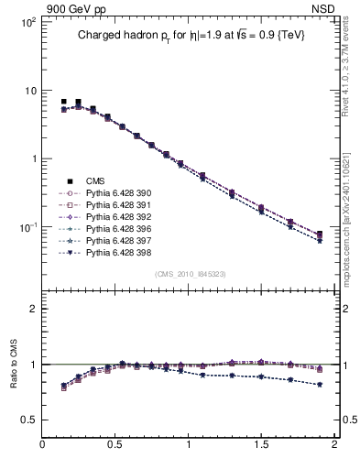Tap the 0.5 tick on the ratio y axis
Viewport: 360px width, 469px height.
pyautogui.click(x=29, y=420)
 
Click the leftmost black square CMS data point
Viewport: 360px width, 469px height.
pyautogui.click(x=63, y=102)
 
